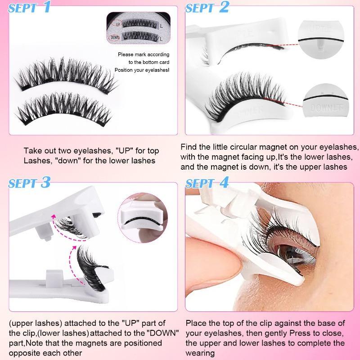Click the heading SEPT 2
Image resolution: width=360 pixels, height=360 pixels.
click(207, 7)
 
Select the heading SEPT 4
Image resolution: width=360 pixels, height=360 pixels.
click(207, 183)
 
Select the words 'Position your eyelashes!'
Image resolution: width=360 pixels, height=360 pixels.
click(142, 70)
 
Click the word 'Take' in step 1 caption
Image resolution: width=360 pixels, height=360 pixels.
click(32, 151)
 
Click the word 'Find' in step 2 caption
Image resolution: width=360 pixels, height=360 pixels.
click(189, 147)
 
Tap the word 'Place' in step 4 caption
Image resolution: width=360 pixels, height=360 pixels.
click(195, 324)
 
